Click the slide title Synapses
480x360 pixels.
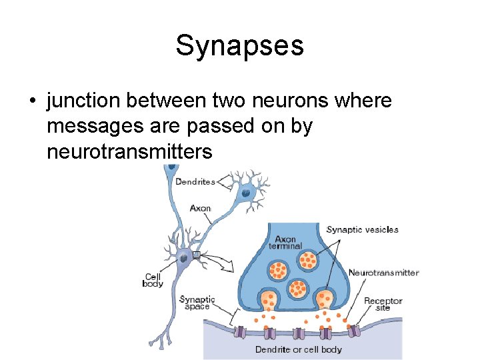point(240,45)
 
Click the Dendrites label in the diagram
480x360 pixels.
point(195,181)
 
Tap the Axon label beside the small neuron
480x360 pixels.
point(200,208)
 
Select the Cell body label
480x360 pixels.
point(153,280)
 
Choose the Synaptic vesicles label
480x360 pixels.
point(362,230)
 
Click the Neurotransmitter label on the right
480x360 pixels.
point(383,272)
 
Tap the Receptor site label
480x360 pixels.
point(383,304)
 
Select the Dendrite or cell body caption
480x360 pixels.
point(298,349)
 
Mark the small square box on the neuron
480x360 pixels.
point(196,255)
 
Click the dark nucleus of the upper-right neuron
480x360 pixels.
point(246,193)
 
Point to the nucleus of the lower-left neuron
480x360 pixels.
point(183,256)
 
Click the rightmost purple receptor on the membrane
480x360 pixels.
point(356,329)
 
